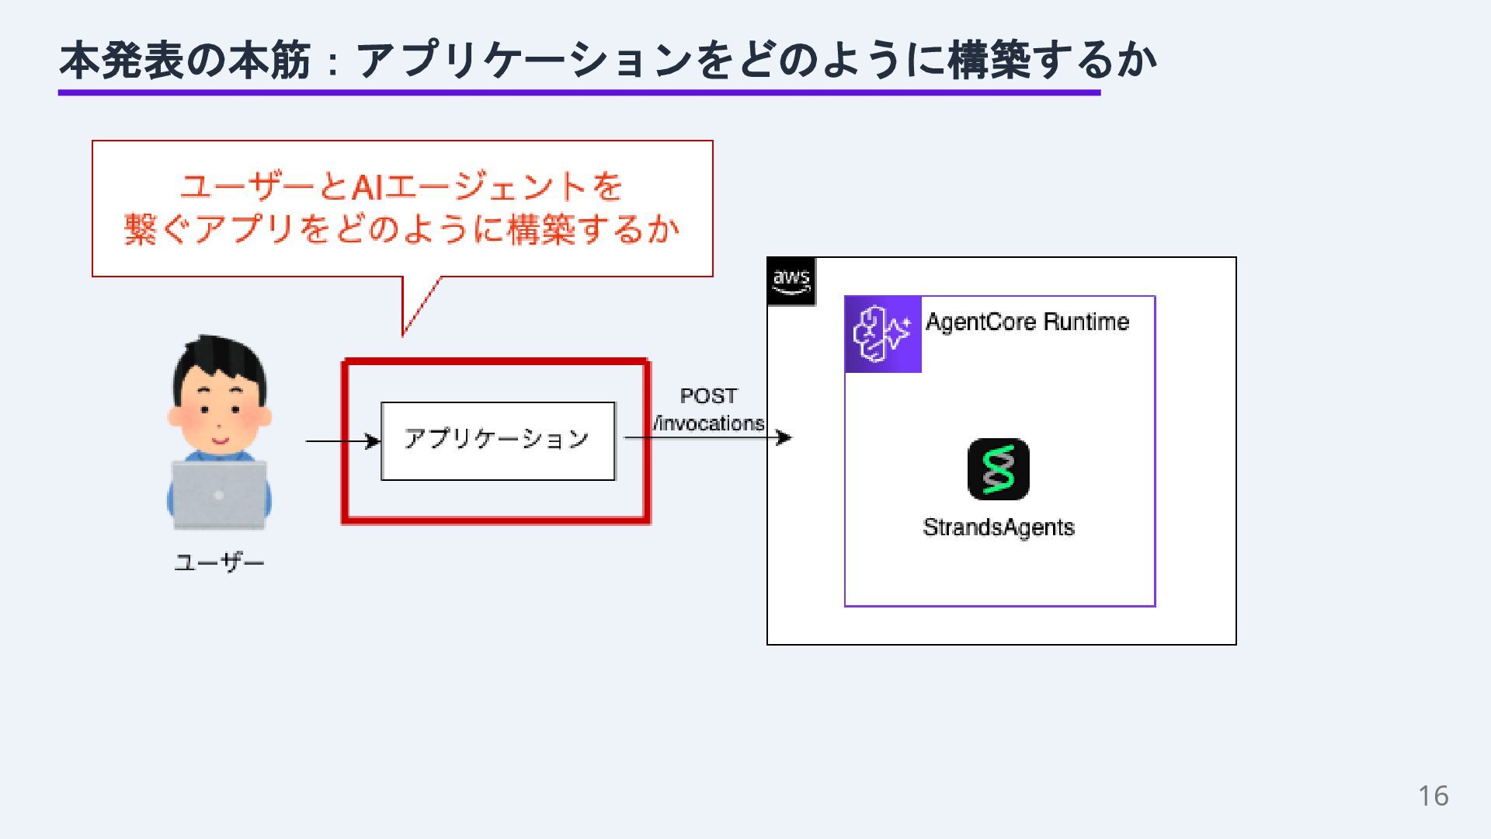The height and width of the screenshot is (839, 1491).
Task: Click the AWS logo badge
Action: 791,281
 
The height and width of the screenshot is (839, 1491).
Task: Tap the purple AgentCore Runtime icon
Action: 883,334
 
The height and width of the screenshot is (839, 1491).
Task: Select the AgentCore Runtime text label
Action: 1027,322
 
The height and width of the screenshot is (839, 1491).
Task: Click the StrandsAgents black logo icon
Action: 998,469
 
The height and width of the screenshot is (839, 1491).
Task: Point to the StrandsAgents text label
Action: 998,527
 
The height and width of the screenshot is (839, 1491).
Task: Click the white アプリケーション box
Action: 498,440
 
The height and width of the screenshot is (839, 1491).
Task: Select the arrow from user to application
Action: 342,441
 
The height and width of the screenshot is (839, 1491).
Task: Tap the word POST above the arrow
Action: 708,396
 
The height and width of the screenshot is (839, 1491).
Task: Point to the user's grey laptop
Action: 219,494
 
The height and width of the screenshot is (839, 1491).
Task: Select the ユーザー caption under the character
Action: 219,562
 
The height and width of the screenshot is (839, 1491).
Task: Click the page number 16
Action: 1433,795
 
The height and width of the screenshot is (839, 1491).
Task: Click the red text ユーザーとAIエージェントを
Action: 401,186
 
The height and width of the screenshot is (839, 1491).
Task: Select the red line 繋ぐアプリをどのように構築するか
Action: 401,230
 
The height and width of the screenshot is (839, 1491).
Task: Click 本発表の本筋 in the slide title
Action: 185,61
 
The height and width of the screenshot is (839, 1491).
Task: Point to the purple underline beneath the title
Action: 579,92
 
